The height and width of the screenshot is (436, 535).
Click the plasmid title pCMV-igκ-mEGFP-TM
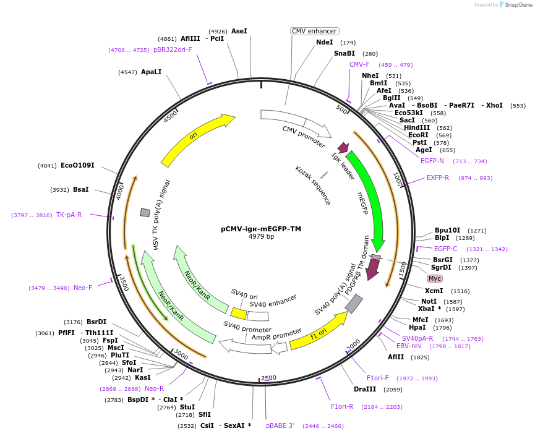(261, 229)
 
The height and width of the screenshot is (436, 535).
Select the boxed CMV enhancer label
(314, 31)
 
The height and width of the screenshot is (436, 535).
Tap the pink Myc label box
(435, 278)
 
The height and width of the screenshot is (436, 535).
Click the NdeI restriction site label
(325, 42)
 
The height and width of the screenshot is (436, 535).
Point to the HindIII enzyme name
(417, 127)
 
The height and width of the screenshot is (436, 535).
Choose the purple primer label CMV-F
(359, 64)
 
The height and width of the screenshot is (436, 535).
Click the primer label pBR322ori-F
(173, 50)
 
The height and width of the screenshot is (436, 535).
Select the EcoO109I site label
(77, 166)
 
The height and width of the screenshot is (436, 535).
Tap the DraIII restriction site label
(365, 389)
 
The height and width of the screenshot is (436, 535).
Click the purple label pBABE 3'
(280, 425)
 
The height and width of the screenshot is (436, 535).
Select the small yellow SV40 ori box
(239, 313)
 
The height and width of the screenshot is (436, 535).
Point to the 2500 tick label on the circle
(268, 378)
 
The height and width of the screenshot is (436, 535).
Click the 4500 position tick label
(170, 116)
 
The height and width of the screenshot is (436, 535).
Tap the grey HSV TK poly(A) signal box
(145, 213)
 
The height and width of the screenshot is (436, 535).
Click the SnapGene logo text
(518, 5)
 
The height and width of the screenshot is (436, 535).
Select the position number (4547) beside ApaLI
(127, 72)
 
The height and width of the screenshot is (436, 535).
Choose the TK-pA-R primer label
(69, 215)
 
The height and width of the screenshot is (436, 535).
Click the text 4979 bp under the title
(261, 236)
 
